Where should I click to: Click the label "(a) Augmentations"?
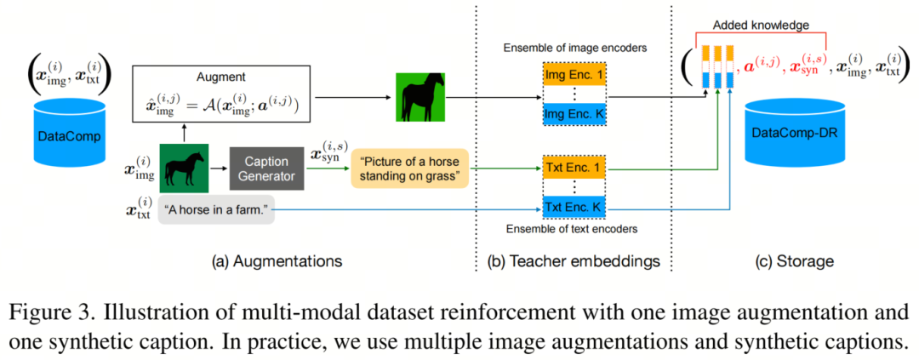tap(277, 261)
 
